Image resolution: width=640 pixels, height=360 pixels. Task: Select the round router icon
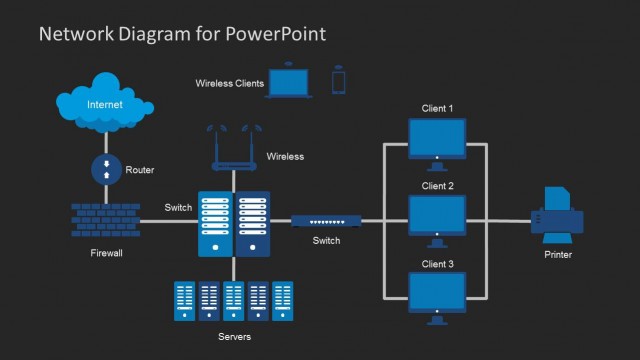(x=106, y=169)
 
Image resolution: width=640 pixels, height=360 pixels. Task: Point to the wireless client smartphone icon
(x=339, y=82)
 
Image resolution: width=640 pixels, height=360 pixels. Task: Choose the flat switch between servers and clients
(x=326, y=221)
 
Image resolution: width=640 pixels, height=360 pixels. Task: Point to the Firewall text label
(x=106, y=254)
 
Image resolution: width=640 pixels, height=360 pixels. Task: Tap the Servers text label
(x=234, y=337)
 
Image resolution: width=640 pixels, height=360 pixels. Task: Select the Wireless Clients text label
(x=229, y=84)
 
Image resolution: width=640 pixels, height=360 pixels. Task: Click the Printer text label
(x=558, y=255)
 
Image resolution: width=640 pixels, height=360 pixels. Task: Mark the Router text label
(x=140, y=170)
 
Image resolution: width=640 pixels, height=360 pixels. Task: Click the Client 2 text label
(x=437, y=186)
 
